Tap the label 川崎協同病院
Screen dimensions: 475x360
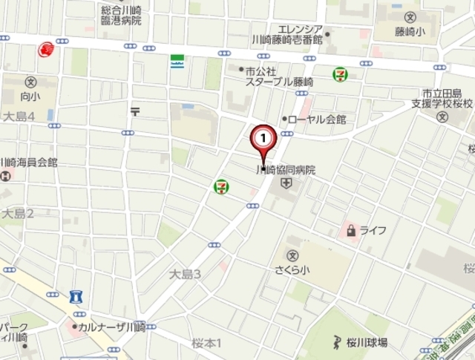(286, 170)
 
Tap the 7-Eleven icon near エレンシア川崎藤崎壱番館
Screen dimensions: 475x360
(340, 74)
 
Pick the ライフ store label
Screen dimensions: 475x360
(373, 230)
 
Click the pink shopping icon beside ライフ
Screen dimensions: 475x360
(350, 230)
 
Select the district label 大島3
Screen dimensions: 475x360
(185, 275)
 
